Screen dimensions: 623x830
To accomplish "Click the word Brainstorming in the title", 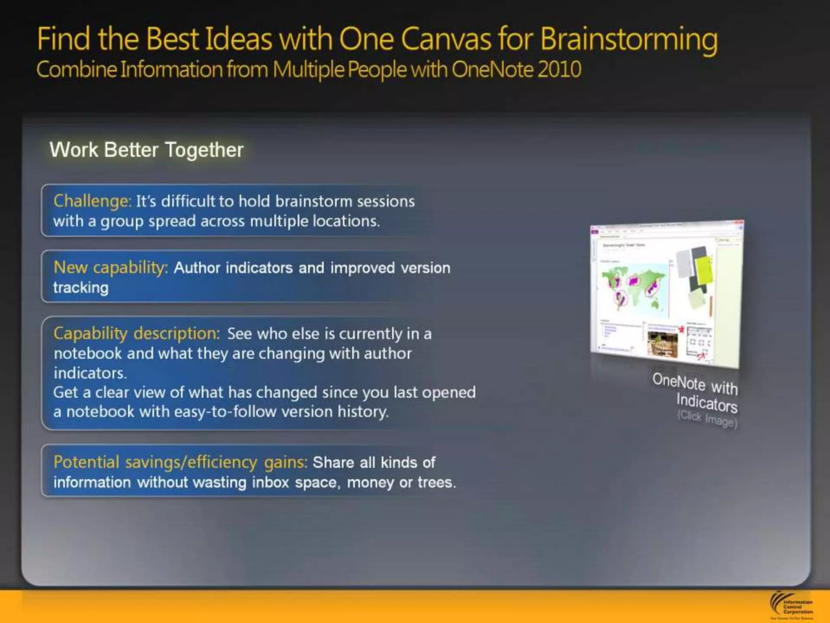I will point(629,40).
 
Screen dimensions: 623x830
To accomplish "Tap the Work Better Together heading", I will point(146,150).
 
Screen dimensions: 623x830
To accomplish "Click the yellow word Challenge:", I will point(92,201).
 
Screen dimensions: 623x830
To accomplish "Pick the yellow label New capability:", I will point(111,268).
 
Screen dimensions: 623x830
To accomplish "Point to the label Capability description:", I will point(137,333).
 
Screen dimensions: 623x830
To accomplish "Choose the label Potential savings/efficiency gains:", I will point(180,462).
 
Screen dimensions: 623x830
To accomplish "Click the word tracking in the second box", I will point(81,288).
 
